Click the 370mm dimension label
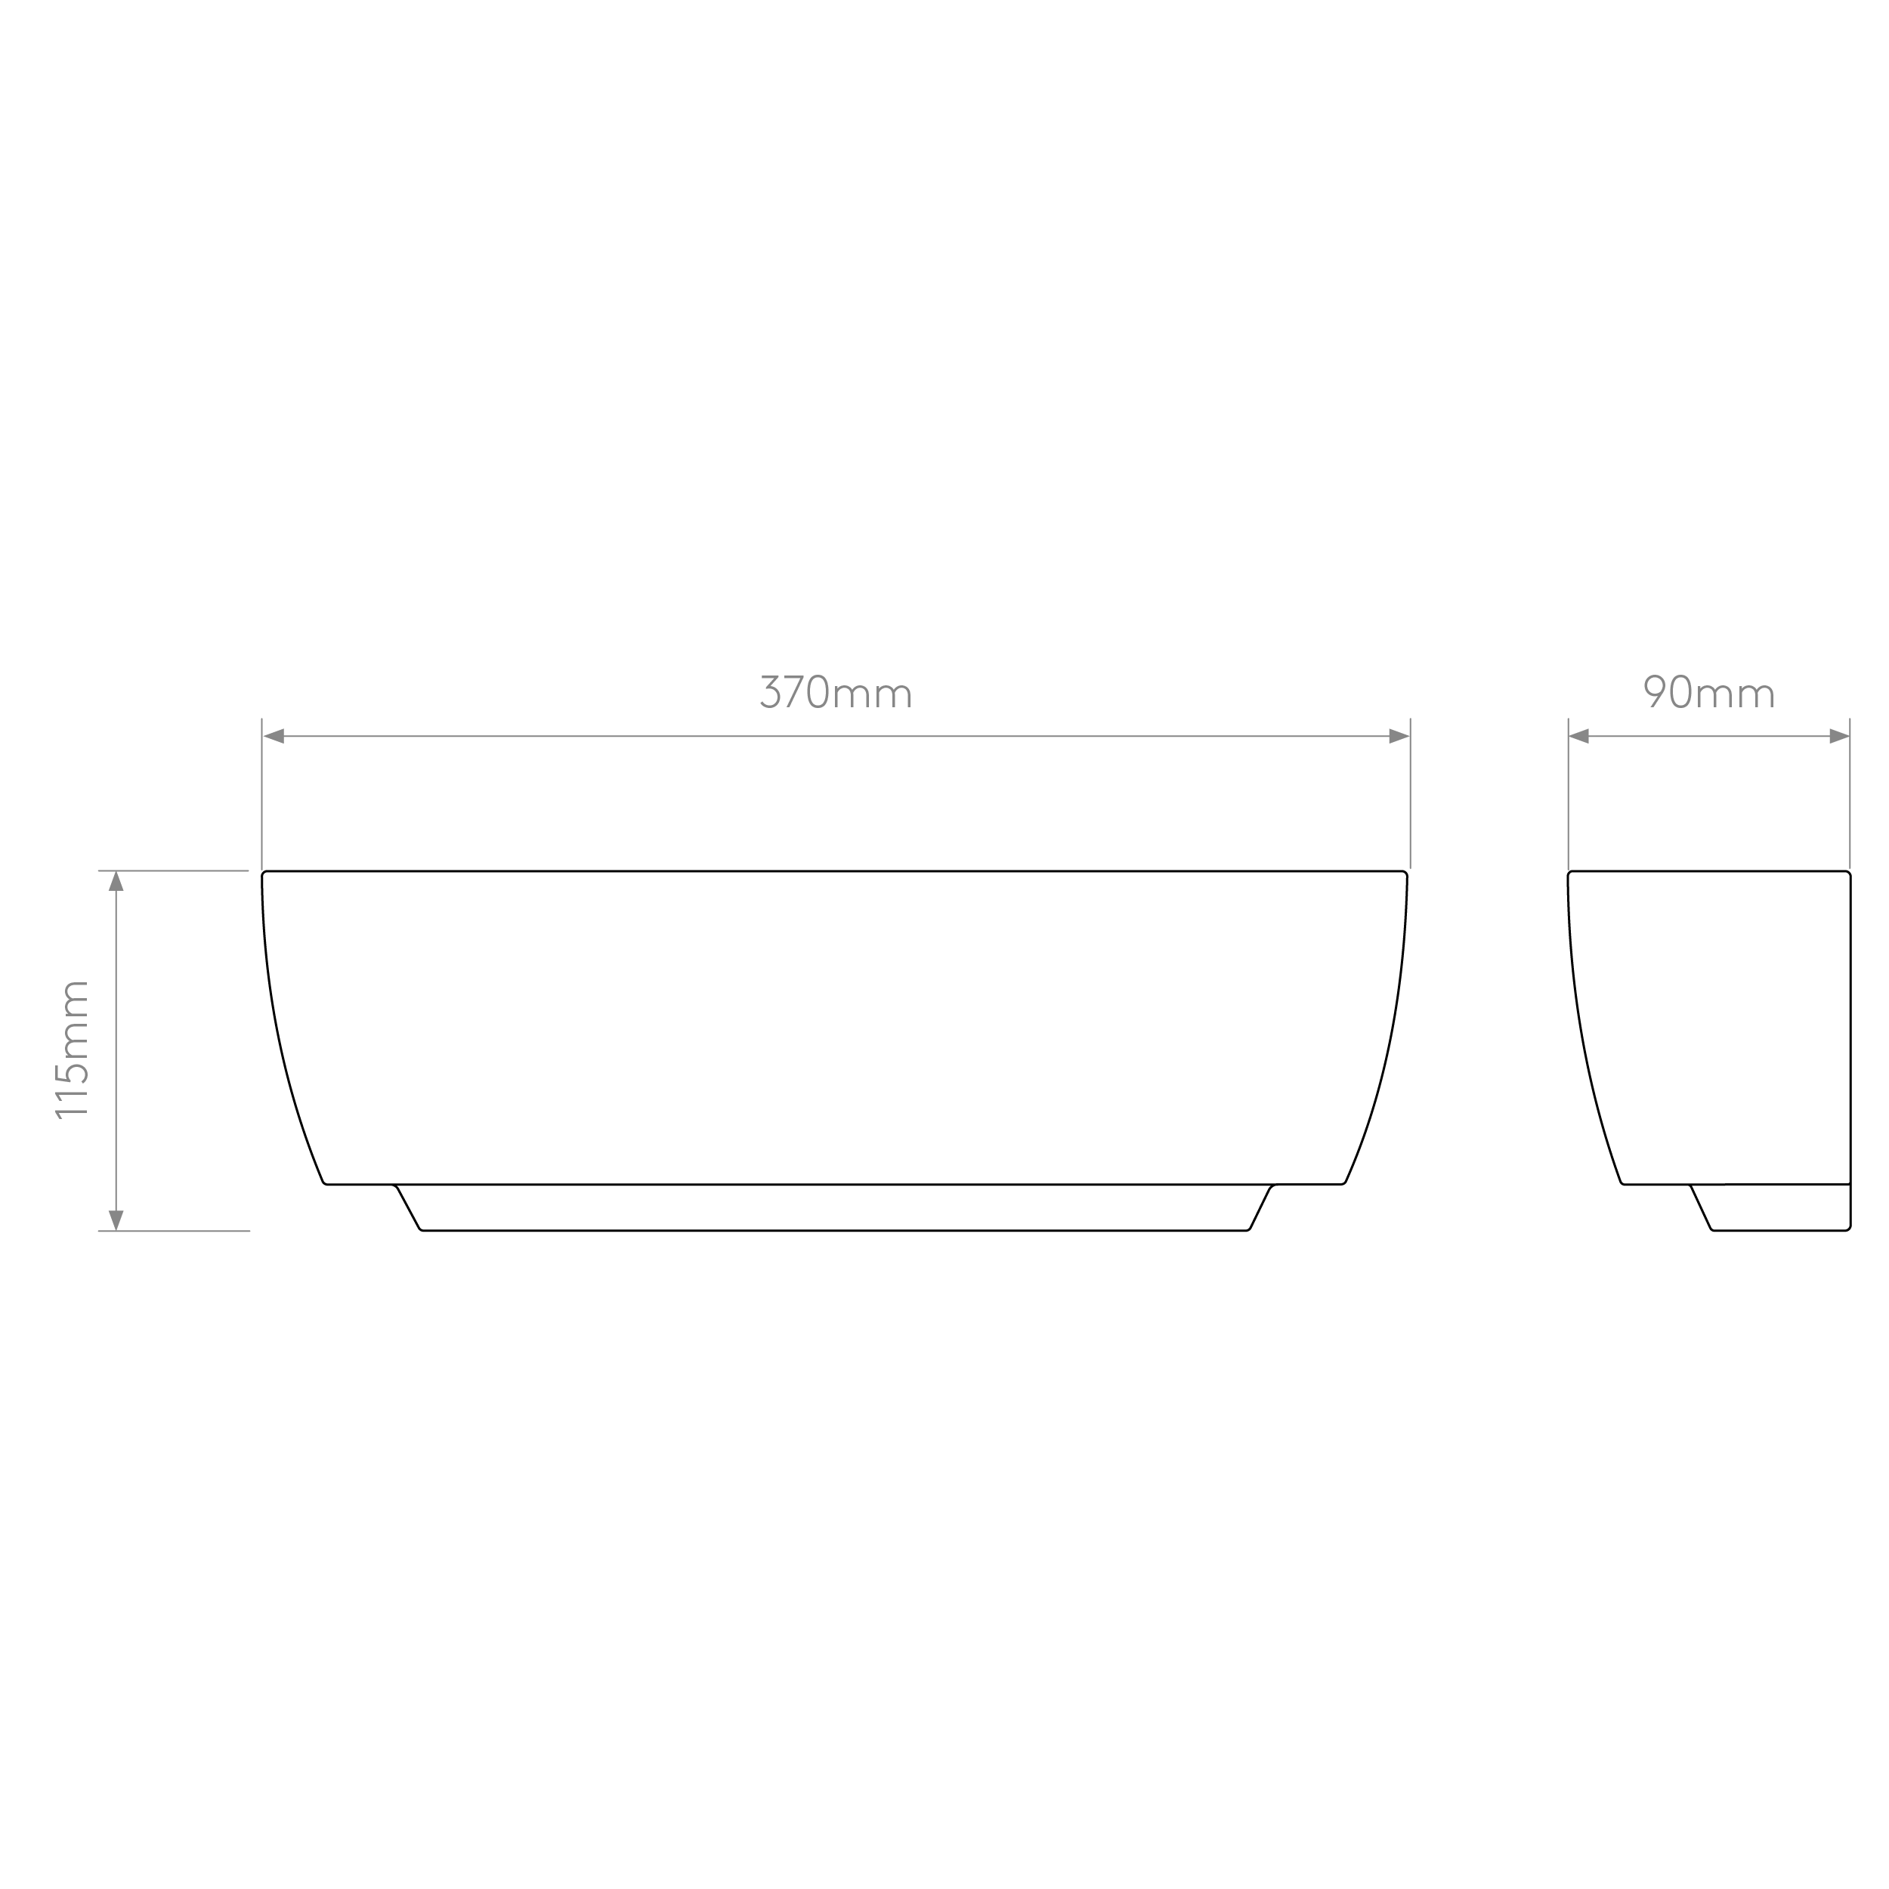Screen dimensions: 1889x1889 click(x=836, y=691)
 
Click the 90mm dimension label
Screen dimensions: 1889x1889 click(x=1709, y=691)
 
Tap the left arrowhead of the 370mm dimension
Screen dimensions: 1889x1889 click(x=274, y=736)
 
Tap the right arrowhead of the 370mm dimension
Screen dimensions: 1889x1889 click(x=1399, y=736)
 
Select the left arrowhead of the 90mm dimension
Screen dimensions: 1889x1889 click(x=1579, y=736)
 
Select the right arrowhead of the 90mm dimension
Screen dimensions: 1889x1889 click(x=1839, y=736)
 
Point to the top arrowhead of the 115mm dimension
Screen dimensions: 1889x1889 click(x=116, y=881)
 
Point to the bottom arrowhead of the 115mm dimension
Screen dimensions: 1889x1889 click(x=116, y=1220)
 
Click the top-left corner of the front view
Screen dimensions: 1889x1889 click(x=263, y=871)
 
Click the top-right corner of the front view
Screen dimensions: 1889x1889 click(x=1407, y=871)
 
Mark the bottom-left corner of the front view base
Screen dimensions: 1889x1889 click(x=422, y=1230)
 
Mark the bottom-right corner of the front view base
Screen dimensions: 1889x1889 click(x=1248, y=1230)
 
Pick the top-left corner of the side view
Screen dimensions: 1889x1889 click(x=1569, y=871)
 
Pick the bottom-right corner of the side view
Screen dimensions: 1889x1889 click(x=1850, y=1230)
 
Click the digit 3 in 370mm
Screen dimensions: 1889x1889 click(x=769, y=691)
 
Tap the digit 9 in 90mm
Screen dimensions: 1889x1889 click(x=1654, y=691)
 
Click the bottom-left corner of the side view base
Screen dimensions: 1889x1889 click(x=1713, y=1230)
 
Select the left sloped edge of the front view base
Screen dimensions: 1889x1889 click(x=408, y=1207)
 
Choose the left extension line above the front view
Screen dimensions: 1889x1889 click(x=262, y=793)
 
